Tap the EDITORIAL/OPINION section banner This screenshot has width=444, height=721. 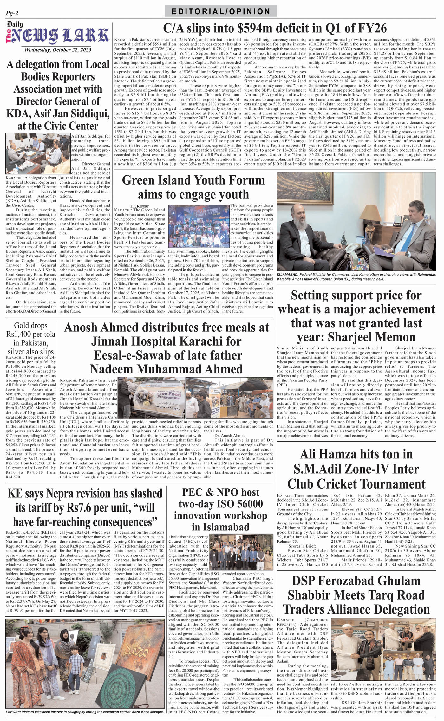tap(221, 12)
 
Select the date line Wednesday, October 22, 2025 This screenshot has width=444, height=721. tap(58, 50)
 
